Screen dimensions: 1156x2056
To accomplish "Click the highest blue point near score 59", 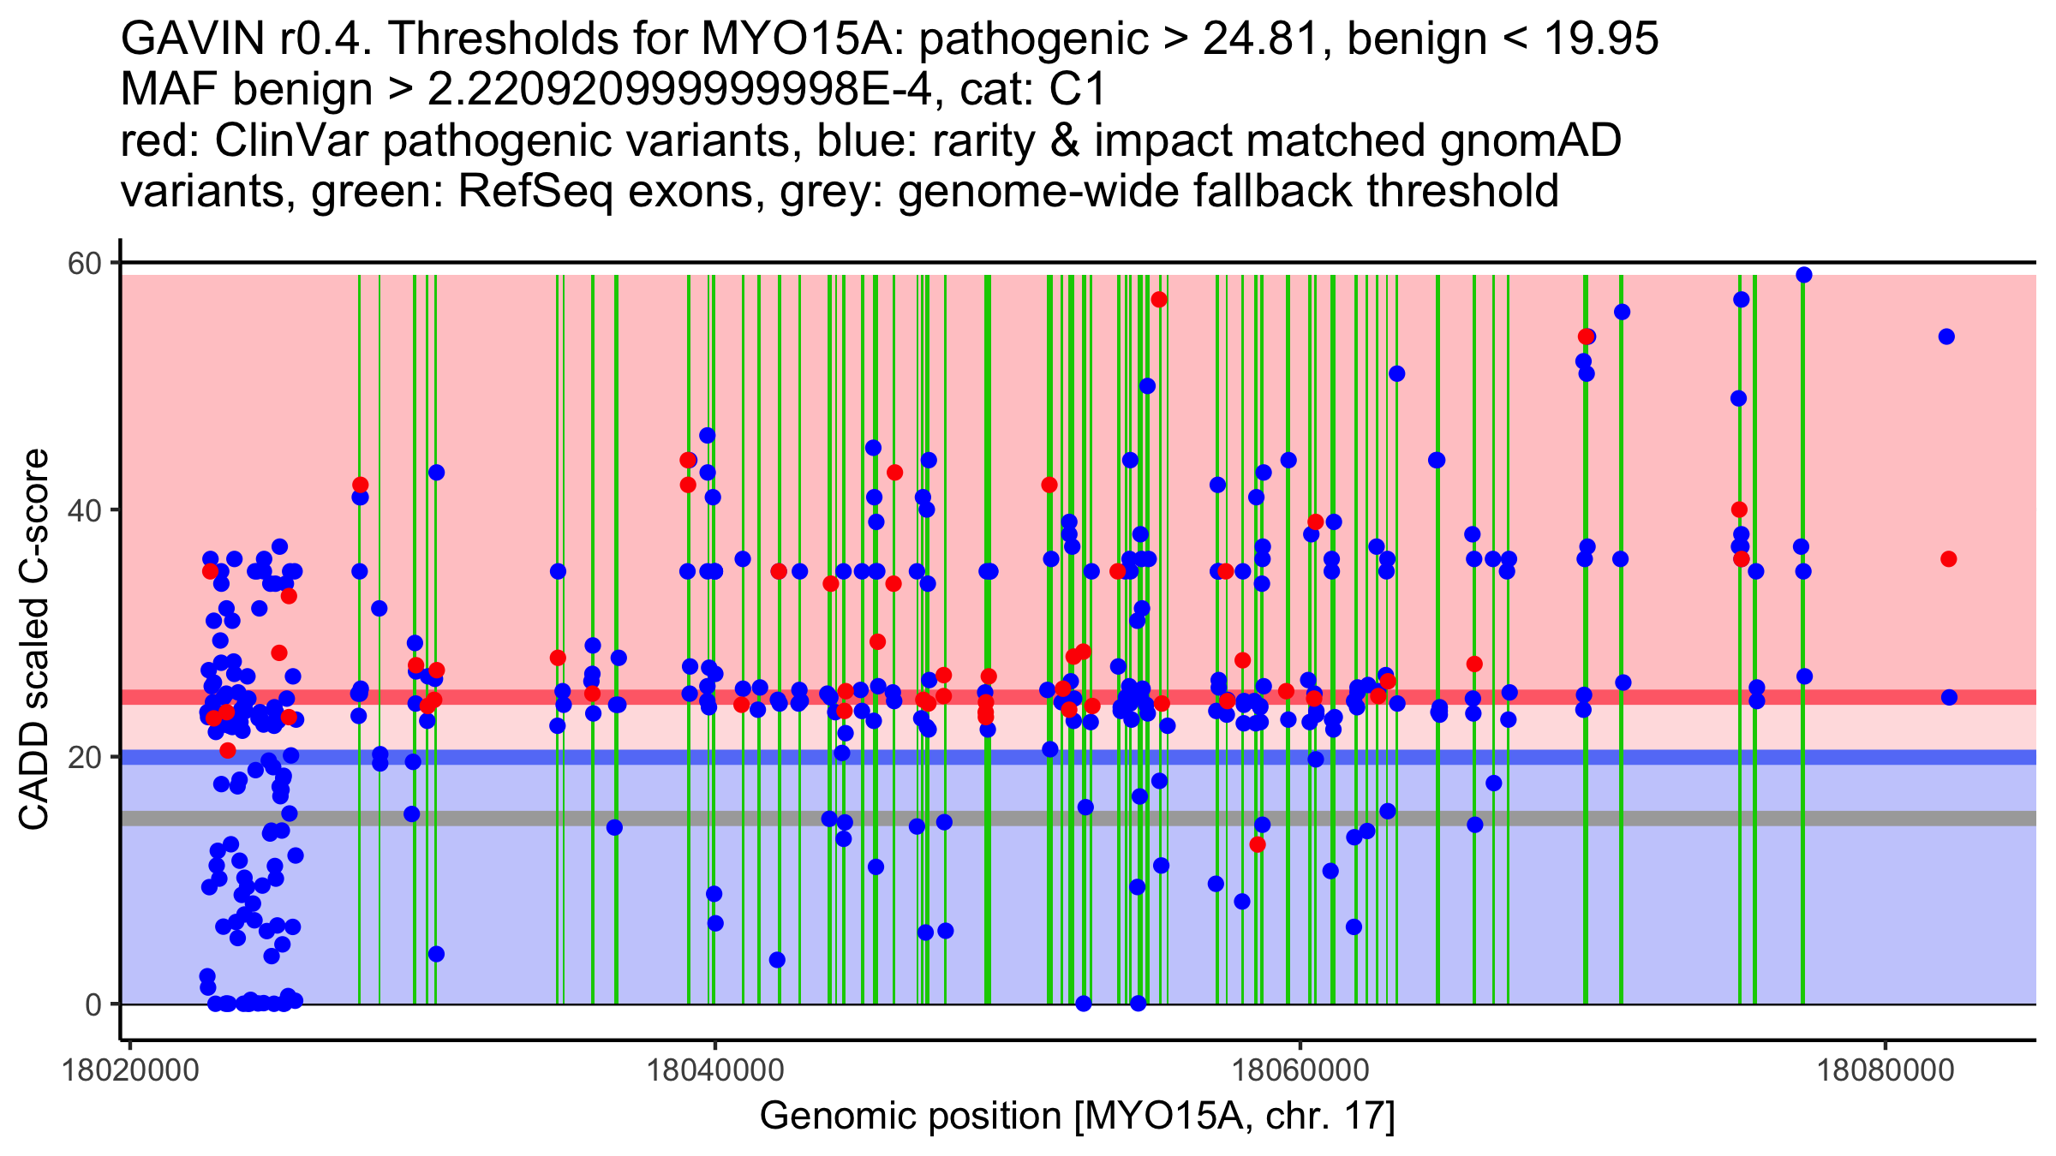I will [1803, 275].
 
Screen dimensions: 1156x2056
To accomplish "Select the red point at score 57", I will [1159, 300].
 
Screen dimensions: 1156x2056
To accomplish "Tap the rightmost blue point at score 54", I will [1946, 337].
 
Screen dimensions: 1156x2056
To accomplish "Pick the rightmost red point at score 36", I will [1949, 559].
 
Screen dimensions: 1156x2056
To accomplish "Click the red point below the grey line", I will [1258, 844].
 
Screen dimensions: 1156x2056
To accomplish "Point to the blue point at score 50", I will [1147, 386].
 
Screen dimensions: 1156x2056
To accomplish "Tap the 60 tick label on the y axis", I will [85, 263].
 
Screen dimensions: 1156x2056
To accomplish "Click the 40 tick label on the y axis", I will [85, 510].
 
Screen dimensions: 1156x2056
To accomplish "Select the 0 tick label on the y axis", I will [93, 1004].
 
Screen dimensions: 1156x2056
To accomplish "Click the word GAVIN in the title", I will [193, 39].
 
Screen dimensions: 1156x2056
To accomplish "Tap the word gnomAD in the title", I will [1531, 141].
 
